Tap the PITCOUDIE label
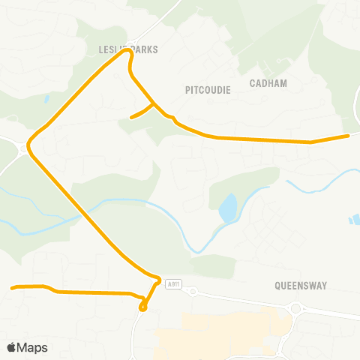208,89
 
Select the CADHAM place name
268,83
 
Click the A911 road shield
174,283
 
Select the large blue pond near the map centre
226,208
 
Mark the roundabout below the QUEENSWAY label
296,308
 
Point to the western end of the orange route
12,288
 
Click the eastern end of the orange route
348,136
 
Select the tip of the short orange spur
131,118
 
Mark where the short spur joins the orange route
154,103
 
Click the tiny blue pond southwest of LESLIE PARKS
46,98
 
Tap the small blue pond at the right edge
354,220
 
